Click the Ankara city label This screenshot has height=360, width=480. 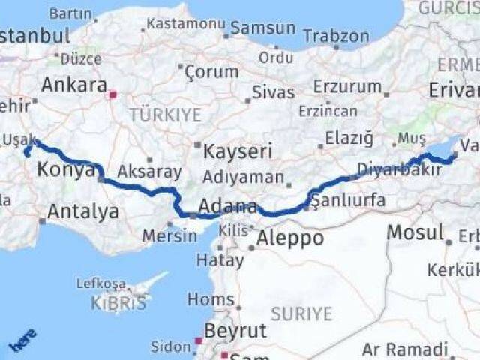pos(73,85)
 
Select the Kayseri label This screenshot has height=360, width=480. pos(239,151)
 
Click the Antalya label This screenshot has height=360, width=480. pos(82,211)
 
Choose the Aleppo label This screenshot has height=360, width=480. pos(290,239)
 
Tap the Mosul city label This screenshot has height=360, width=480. pos(415,232)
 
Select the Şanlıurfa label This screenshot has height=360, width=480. pos(348,200)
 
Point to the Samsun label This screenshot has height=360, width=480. pos(263,28)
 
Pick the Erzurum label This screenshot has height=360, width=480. pos(347,85)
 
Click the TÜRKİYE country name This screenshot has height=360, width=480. pos(165,115)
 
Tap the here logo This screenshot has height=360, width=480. pos(21,341)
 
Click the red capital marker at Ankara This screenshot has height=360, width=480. pos(112,95)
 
